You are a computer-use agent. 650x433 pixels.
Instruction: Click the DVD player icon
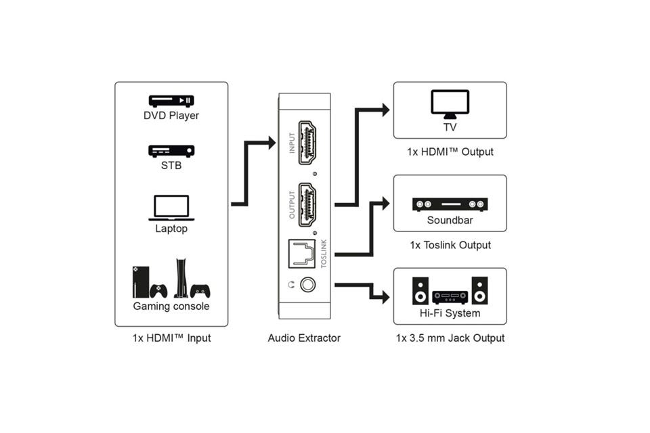tap(171, 101)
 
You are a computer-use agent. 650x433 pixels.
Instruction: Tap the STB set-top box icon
tap(171, 151)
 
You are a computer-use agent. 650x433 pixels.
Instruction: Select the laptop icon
tap(171, 208)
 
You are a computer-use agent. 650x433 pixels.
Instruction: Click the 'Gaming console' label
tap(171, 306)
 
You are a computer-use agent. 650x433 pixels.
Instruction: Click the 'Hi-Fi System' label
tap(450, 313)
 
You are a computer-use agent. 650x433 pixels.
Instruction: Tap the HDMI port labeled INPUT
tap(309, 144)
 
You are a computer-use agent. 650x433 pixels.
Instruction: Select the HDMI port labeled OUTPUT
tap(309, 206)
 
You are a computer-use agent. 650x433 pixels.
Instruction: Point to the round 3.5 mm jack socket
tap(309, 286)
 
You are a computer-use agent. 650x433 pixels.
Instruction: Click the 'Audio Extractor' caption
tap(304, 338)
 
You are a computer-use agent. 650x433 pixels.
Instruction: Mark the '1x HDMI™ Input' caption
tap(171, 338)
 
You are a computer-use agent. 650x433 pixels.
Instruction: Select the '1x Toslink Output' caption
tap(450, 245)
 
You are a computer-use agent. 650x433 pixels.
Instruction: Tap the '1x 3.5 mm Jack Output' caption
tap(450, 338)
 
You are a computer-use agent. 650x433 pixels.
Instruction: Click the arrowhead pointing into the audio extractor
tap(272, 143)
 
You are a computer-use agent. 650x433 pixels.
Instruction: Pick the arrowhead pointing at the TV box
tap(385, 110)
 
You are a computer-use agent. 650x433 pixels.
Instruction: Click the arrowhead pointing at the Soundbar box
tap(385, 203)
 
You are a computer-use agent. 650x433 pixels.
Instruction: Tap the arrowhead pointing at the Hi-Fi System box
tap(385, 296)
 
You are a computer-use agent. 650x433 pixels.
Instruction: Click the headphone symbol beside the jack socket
tap(290, 286)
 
